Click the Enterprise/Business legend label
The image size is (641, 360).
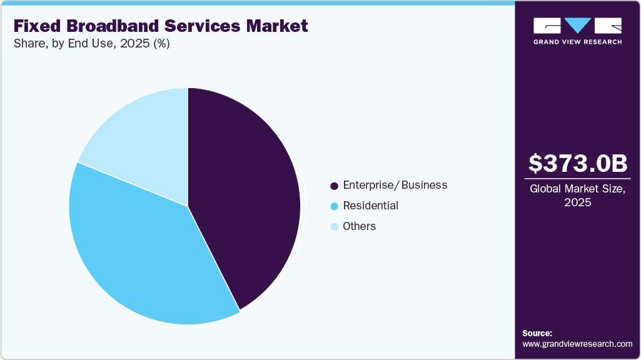395,185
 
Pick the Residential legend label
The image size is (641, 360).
370,206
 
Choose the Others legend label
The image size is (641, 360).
360,226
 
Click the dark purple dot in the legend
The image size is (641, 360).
334,186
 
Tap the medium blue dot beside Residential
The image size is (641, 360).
334,206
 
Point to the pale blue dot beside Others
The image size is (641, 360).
334,227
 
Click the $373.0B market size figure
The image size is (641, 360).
577,164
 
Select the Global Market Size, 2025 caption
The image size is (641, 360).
577,195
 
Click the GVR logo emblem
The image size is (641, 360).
577,26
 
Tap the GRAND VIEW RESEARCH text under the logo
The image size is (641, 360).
577,42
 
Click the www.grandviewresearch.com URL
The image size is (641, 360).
577,344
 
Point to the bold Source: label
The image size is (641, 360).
537,333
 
